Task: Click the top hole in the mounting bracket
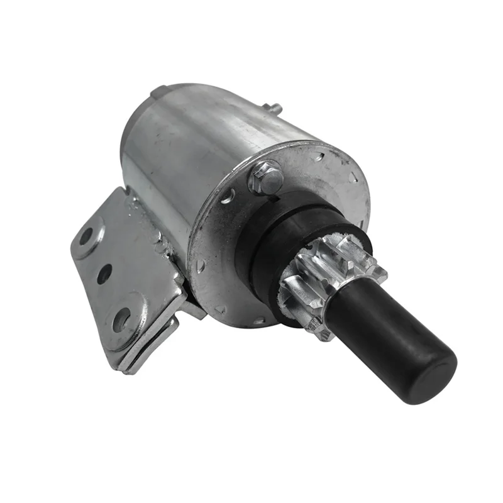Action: coord(86,236)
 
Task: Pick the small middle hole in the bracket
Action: coord(104,274)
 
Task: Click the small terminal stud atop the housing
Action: coord(275,108)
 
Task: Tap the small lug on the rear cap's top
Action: coord(157,92)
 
